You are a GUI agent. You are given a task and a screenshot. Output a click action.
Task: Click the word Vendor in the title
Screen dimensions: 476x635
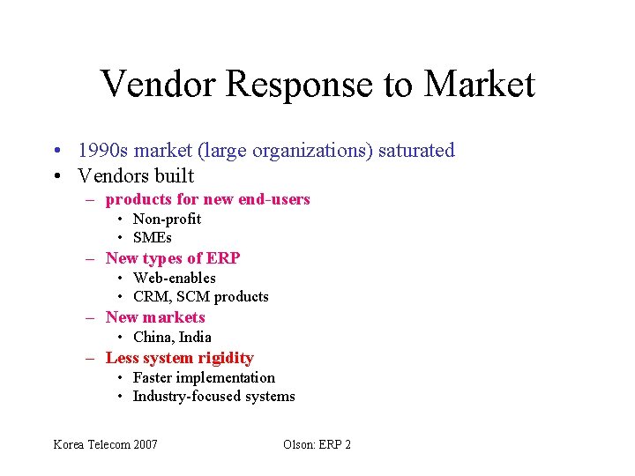click(x=158, y=85)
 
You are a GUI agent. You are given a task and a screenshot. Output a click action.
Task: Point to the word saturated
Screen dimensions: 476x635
click(x=416, y=151)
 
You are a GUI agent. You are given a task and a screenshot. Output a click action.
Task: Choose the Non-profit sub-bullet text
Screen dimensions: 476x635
click(x=167, y=219)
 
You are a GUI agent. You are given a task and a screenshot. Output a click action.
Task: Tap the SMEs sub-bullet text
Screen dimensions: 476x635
click(x=152, y=237)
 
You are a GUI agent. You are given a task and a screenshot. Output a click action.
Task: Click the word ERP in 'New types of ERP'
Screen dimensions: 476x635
click(x=224, y=258)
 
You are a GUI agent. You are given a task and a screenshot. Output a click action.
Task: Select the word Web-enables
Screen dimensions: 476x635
click(x=174, y=278)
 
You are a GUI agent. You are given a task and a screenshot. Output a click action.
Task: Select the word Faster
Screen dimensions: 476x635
click(x=154, y=377)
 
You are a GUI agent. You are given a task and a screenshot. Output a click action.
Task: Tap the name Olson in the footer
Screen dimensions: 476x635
click(x=298, y=444)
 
